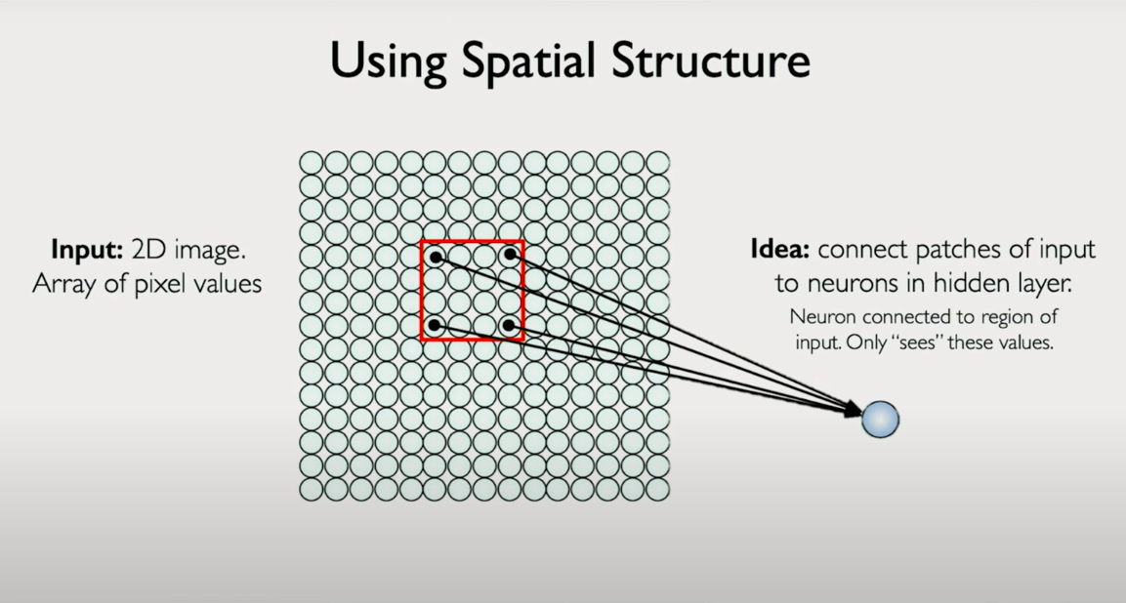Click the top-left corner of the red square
click(422, 242)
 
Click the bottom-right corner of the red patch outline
click(522, 339)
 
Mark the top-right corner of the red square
click(522, 242)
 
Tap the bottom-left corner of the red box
click(422, 339)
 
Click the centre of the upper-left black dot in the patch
click(436, 257)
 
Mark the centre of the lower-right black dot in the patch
click(509, 326)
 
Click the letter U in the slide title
click(346, 60)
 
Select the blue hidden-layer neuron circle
click(880, 420)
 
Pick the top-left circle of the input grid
click(311, 163)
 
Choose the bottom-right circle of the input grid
click(658, 490)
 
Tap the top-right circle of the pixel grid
click(658, 163)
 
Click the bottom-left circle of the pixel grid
click(311, 490)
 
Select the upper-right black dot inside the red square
click(509, 254)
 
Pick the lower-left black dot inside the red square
click(434, 326)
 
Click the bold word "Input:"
click(87, 250)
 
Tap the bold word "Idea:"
click(780, 249)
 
